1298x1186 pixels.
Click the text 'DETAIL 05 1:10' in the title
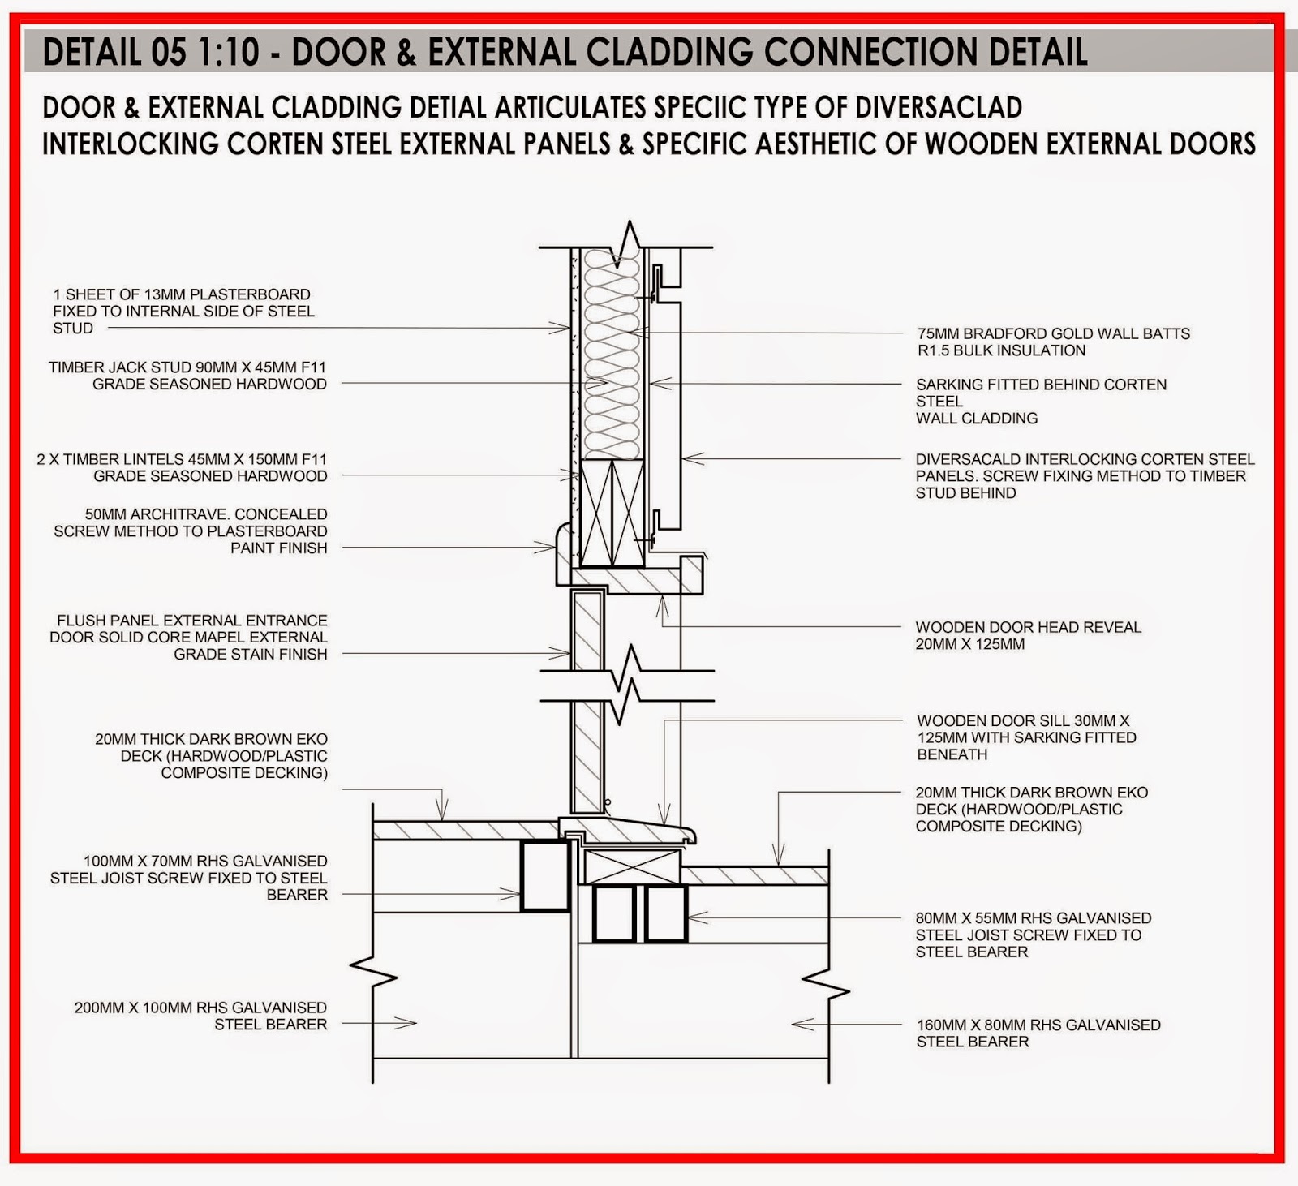pos(151,52)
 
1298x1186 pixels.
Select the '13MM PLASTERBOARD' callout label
pos(183,311)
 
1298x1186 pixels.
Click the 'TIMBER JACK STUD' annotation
pos(187,376)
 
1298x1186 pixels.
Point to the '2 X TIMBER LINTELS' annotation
pos(182,467)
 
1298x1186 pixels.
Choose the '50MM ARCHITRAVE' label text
pos(191,531)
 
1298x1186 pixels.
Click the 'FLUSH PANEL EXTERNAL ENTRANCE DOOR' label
pos(189,637)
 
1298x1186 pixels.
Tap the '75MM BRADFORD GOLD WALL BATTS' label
pos(1053,342)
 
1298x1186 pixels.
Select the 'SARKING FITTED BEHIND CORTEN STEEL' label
pos(1041,401)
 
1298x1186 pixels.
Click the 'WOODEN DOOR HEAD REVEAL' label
pos(1028,635)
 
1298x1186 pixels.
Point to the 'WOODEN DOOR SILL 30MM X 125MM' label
pos(1026,737)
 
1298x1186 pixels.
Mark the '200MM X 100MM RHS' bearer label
pos(200,1016)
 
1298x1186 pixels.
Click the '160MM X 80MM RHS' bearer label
pos(1038,1033)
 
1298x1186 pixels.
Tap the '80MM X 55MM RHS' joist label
pos(1033,935)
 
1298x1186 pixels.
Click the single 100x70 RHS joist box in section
pos(544,876)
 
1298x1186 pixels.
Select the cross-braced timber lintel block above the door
pos(612,513)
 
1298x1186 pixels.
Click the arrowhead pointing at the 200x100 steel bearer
pos(406,1023)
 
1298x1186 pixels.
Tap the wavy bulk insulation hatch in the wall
pos(612,357)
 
